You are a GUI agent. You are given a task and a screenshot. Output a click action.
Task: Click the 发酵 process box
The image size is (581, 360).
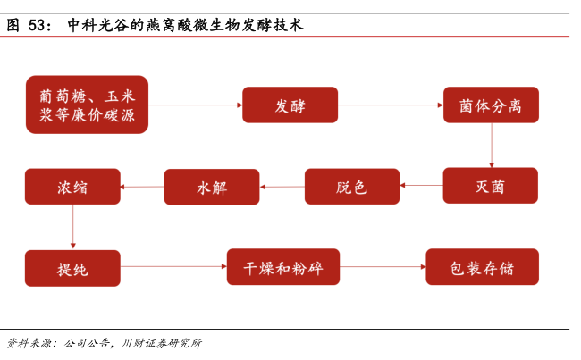[x=290, y=105]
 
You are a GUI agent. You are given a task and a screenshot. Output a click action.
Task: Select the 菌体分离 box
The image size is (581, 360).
[x=491, y=105]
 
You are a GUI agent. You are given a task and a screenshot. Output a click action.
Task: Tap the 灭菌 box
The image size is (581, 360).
[x=491, y=185]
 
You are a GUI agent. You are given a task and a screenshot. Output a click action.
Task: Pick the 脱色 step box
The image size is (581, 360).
[x=352, y=187]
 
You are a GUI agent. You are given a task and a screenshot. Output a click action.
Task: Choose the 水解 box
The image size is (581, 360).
[x=212, y=187]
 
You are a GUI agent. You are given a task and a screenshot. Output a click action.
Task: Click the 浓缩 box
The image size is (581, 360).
[x=72, y=187]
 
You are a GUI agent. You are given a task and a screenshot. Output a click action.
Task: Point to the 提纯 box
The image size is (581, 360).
[x=72, y=268]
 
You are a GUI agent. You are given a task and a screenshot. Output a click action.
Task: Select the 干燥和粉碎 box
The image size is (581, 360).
[x=283, y=267]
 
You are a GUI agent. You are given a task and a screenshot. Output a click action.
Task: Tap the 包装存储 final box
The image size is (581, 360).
[x=483, y=267]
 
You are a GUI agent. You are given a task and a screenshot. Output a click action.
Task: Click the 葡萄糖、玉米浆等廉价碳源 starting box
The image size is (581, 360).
[x=87, y=105]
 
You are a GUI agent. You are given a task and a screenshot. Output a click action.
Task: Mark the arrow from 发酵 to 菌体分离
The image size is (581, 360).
[x=391, y=105]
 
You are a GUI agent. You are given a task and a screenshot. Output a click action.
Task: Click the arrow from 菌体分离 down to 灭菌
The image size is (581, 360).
[x=492, y=146]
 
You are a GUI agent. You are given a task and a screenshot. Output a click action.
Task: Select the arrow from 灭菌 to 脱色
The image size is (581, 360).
[x=421, y=185]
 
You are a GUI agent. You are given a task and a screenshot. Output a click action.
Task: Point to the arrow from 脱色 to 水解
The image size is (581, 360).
[x=282, y=187]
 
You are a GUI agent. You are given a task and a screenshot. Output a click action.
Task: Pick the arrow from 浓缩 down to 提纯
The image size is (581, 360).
[x=73, y=227]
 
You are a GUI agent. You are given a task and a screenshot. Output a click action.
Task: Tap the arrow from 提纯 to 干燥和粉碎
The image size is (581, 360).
[x=173, y=266]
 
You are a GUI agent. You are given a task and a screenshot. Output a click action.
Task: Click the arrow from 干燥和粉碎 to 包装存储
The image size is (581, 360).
[x=383, y=267]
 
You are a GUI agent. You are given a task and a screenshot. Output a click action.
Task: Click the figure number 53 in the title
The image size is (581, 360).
[x=37, y=25]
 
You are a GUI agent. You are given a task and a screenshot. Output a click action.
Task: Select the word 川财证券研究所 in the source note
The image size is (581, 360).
[x=163, y=343]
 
